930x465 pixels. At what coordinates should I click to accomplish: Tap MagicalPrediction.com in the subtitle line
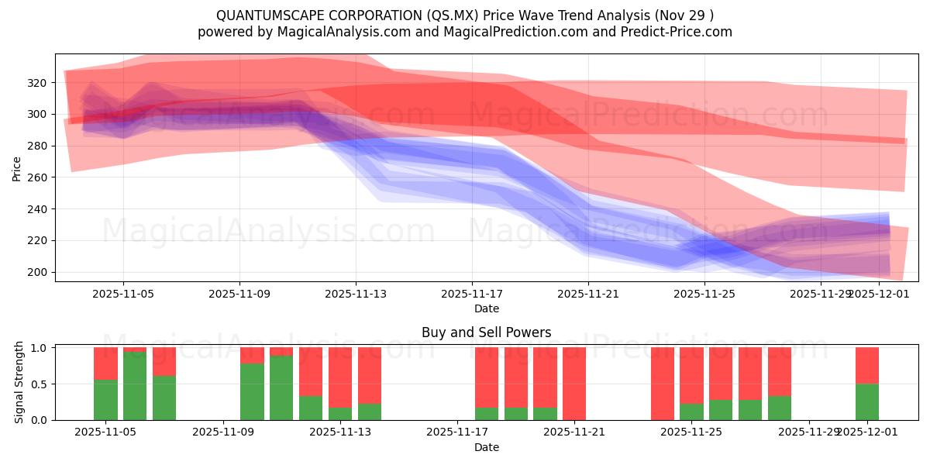pos(517,32)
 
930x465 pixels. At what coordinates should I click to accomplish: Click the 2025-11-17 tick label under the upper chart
pos(471,294)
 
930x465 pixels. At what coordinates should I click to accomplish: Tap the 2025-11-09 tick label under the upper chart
pos(239,294)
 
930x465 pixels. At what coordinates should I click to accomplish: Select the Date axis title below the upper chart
pos(486,308)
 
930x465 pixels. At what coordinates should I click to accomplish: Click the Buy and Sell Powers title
pos(486,332)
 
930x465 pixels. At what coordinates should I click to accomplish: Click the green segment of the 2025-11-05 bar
pos(105,400)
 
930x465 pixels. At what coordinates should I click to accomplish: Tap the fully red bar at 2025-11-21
pos(574,384)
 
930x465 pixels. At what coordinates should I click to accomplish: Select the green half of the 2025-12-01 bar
pos(867,402)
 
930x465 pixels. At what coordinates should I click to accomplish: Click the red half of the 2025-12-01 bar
pos(867,365)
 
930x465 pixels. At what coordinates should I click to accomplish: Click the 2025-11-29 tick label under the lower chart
pos(809,432)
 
